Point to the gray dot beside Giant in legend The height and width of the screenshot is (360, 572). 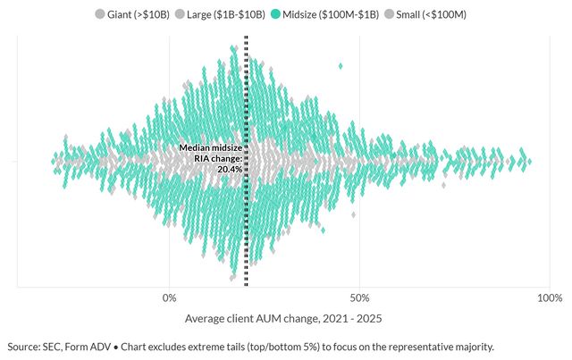[99, 14]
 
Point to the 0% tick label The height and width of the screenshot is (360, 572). [169, 298]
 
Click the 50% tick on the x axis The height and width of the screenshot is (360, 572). [359, 298]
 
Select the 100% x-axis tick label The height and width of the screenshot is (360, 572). [549, 298]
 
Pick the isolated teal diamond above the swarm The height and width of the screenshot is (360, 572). [340, 65]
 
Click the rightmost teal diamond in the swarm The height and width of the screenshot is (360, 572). [530, 162]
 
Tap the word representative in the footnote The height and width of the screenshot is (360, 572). [408, 347]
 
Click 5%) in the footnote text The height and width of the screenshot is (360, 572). [308, 347]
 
